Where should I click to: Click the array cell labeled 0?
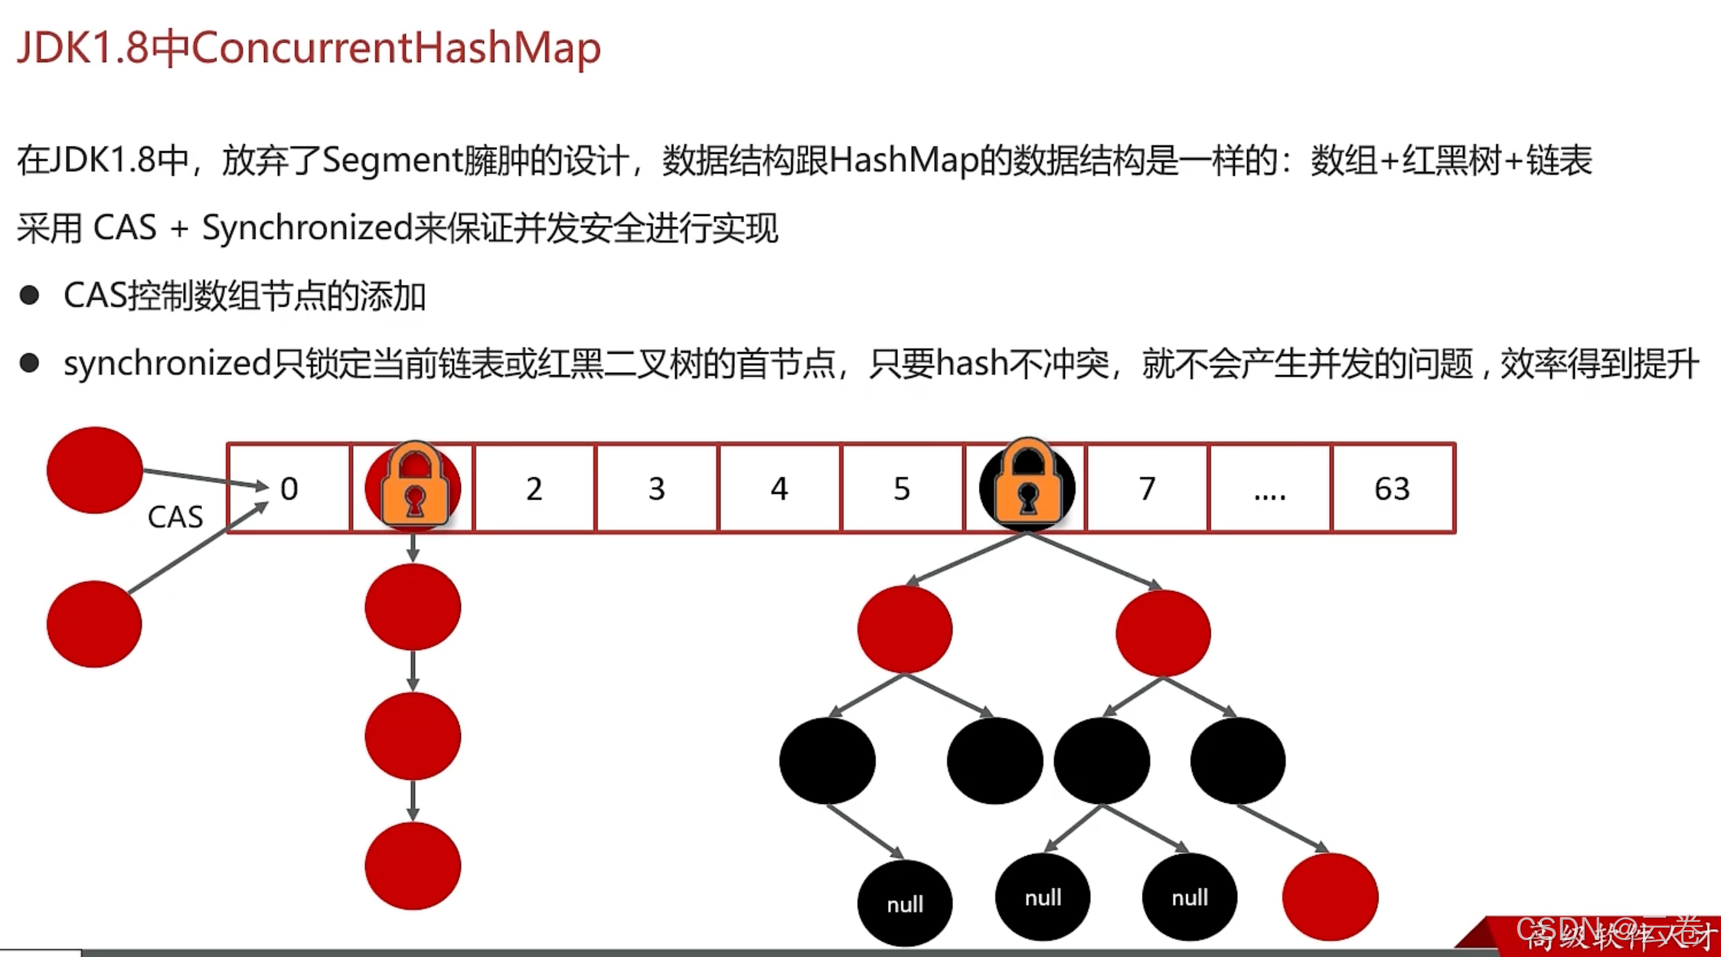tap(289, 488)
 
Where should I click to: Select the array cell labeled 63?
tap(1393, 488)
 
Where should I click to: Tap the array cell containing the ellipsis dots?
tap(1269, 488)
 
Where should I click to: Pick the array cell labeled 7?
tap(1147, 488)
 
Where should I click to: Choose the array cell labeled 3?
tap(657, 488)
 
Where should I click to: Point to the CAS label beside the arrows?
tap(175, 518)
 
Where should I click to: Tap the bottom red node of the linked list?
tap(413, 866)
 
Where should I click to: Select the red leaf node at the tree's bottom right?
tap(1331, 897)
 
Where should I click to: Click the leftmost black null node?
tap(905, 904)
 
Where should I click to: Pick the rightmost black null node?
tap(1190, 897)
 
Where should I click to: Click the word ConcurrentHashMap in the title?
tap(396, 47)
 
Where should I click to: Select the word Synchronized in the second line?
tap(307, 228)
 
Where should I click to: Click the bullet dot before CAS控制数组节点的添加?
tap(30, 296)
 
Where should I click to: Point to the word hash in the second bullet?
tap(972, 364)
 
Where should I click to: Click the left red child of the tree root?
tap(905, 629)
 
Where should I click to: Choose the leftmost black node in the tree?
tap(827, 760)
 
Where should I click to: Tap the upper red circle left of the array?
tap(95, 469)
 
